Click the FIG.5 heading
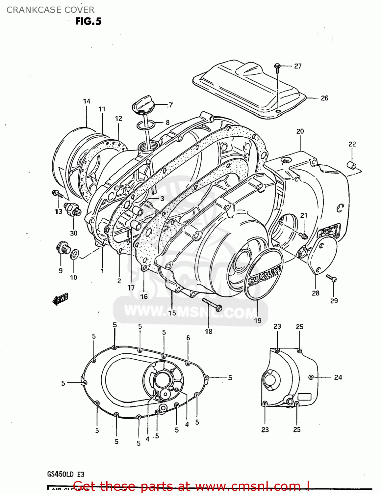click(x=88, y=21)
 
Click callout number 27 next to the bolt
click(x=298, y=66)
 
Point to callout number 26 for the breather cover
click(x=324, y=98)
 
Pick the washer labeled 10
click(x=75, y=254)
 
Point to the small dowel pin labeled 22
click(x=352, y=164)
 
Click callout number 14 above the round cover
click(x=87, y=101)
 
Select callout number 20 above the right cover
click(x=300, y=131)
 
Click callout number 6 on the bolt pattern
click(x=188, y=338)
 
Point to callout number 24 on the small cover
click(x=338, y=377)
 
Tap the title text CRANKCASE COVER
click(x=50, y=10)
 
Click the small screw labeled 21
click(x=303, y=235)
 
